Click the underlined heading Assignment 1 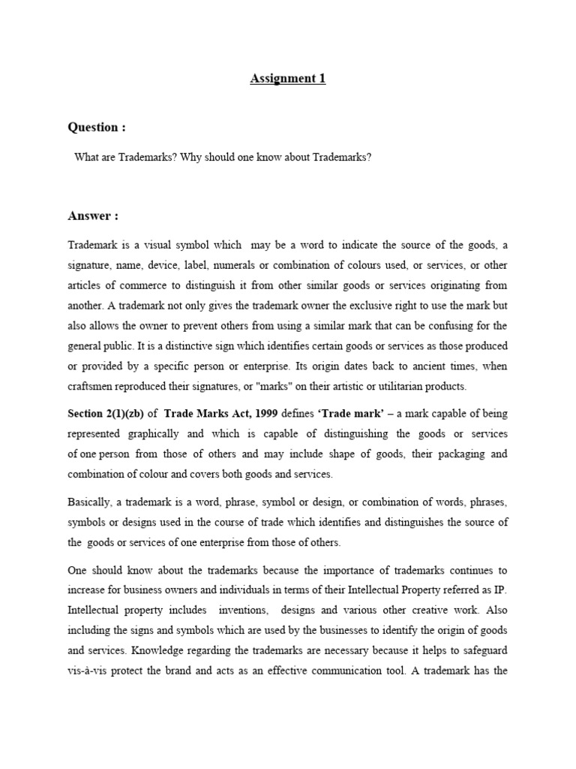point(288,78)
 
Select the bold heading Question point(93,127)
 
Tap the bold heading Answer point(93,216)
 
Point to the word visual point(151,245)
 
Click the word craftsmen point(92,387)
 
